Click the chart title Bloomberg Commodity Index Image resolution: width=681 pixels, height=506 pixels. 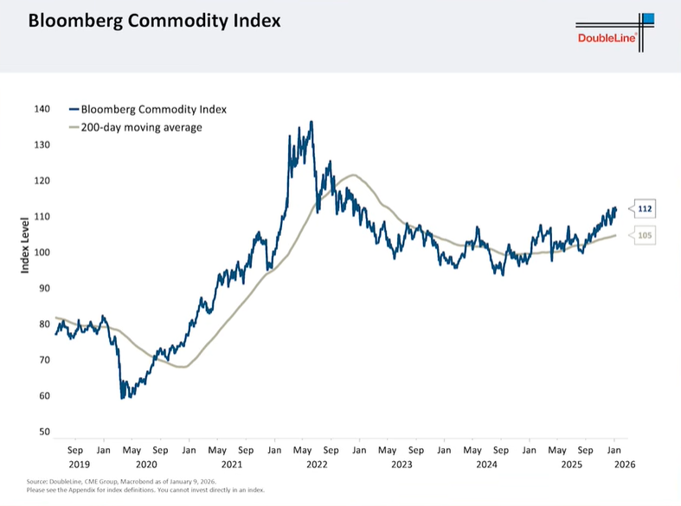[154, 21]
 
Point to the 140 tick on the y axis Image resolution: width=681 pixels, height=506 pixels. [43, 109]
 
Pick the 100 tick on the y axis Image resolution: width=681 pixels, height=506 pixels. [43, 253]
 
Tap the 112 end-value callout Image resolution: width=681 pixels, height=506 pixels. [645, 208]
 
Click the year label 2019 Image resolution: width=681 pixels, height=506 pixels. [75, 464]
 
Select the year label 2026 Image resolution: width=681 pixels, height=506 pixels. [625, 464]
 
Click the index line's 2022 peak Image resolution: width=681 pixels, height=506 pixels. [311, 122]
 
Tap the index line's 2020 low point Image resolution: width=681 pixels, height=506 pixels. [122, 398]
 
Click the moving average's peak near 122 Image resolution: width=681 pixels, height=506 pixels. [351, 176]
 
